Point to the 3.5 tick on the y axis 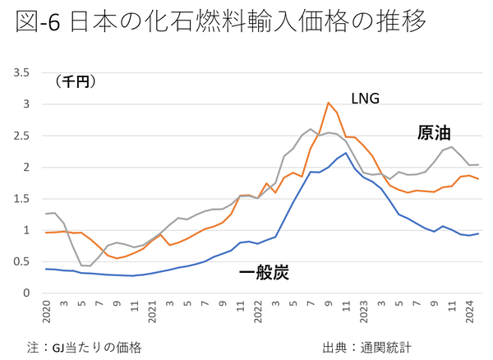click(21, 73)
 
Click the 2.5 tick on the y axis click(21, 136)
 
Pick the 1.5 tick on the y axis click(21, 199)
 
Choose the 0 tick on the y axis click(26, 293)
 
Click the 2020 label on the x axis click(47, 312)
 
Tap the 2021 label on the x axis click(153, 312)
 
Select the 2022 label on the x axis click(259, 312)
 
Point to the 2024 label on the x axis click(470, 312)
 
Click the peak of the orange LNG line click(329, 103)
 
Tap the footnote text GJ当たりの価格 click(96, 346)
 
